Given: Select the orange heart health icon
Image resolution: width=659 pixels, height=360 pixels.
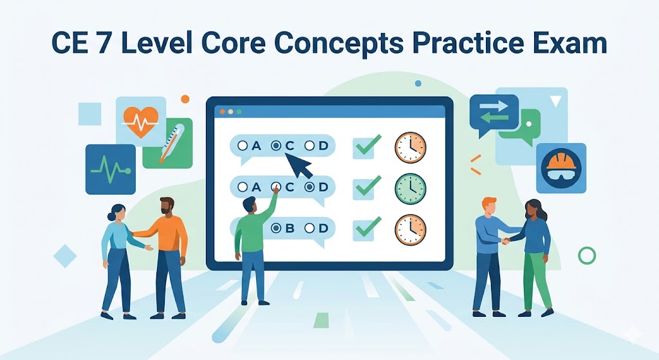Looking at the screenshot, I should coord(142,122).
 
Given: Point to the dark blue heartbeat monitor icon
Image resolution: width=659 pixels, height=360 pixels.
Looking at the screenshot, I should coord(111,169).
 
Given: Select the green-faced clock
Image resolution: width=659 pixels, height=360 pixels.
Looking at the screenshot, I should coord(410,187).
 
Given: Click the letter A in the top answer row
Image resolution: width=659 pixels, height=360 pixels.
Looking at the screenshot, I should coord(255,146).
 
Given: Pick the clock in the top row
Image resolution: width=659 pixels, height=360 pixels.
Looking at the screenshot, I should coord(410,147).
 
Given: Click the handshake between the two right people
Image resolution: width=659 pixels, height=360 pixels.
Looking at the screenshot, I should coord(505,240).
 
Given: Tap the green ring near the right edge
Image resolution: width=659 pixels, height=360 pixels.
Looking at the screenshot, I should coord(587,256).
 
